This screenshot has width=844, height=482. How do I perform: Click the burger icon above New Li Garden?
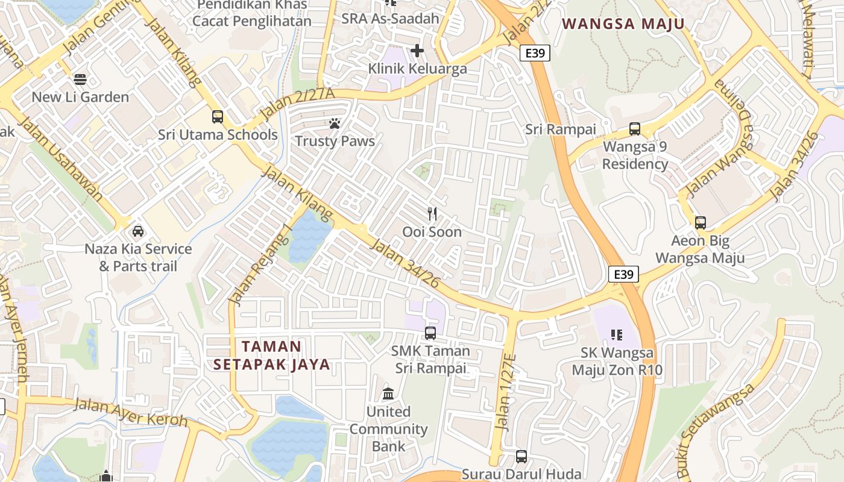pyautogui.click(x=80, y=80)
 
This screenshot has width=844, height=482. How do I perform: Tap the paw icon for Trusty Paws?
pyautogui.click(x=335, y=124)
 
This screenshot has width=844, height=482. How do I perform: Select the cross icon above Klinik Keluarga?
pyautogui.click(x=417, y=51)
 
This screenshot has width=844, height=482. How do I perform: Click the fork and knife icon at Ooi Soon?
pyautogui.click(x=432, y=214)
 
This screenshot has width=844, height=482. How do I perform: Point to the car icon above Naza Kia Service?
pyautogui.click(x=138, y=231)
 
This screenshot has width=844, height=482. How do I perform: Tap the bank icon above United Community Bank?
pyautogui.click(x=389, y=394)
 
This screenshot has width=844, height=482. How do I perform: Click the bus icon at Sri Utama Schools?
pyautogui.click(x=218, y=117)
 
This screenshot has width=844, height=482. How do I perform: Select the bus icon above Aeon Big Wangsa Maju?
pyautogui.click(x=700, y=223)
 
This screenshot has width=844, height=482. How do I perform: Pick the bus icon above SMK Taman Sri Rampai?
pyautogui.click(x=430, y=333)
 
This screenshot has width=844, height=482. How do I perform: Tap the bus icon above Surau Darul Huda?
pyautogui.click(x=521, y=457)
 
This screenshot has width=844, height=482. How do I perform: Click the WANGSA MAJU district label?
pyautogui.click(x=623, y=24)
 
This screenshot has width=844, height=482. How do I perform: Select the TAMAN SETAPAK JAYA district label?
pyautogui.click(x=271, y=355)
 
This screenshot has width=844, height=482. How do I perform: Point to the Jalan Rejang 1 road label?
pyautogui.click(x=260, y=265)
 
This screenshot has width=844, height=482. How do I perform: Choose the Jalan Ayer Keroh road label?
pyautogui.click(x=130, y=412)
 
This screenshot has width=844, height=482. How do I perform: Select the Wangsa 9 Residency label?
pyautogui.click(x=635, y=155)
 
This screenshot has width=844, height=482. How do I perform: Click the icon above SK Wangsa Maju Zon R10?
pyautogui.click(x=616, y=334)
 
